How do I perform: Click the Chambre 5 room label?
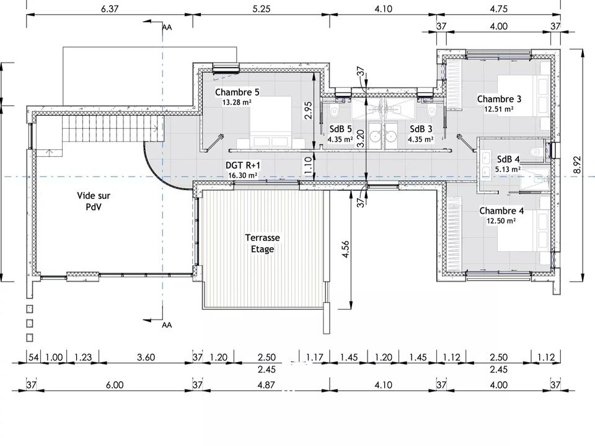[x=237, y=92]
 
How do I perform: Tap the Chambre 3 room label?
[x=499, y=99]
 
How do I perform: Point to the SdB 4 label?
[x=508, y=159]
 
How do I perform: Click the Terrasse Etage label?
[x=263, y=243]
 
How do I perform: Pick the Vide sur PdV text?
[x=94, y=201]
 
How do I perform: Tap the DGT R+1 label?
[x=243, y=165]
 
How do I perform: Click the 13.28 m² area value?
[x=237, y=102]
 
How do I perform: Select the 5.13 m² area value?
[x=508, y=169]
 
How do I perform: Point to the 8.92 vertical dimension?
[x=576, y=165]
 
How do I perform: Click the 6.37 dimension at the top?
[x=109, y=9]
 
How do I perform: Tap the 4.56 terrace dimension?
[x=345, y=250]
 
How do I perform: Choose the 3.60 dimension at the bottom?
[x=146, y=357]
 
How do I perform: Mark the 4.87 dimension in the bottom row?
[x=266, y=385]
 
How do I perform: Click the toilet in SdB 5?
[x=334, y=111]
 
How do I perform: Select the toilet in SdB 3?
[x=431, y=111]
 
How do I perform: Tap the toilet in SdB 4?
[x=535, y=151]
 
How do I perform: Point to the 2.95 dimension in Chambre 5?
[x=309, y=110]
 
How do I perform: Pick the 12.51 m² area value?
[x=499, y=109]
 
